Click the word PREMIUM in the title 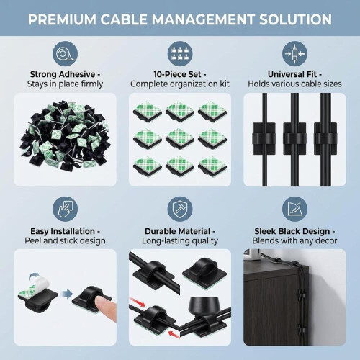point(62,19)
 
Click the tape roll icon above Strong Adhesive point(65,53)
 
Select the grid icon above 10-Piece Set point(180,53)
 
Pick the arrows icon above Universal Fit point(294,53)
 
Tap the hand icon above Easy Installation point(65,209)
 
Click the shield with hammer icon point(180,209)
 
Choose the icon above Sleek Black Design point(294,209)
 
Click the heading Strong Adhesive point(63,74)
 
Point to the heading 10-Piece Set point(178,74)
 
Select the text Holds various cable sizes point(294,84)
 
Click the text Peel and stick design point(65,240)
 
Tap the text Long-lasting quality point(180,240)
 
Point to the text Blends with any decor point(294,240)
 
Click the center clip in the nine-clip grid point(180,139)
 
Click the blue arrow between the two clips point(66,294)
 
